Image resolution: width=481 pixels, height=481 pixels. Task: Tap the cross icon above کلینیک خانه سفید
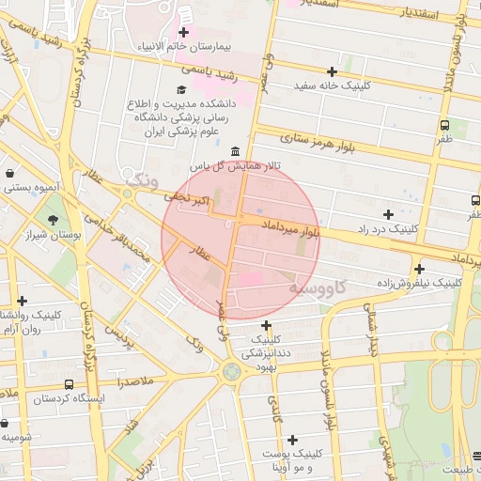(x=332, y=71)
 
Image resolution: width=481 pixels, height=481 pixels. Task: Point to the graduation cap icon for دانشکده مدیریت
(x=181, y=89)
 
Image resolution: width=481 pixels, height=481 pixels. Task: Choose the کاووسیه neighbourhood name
(x=318, y=285)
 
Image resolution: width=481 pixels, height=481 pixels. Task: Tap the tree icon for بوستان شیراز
(x=52, y=219)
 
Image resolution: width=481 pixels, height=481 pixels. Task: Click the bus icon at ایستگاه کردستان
(x=69, y=385)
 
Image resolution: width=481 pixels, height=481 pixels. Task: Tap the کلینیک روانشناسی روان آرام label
(x=34, y=321)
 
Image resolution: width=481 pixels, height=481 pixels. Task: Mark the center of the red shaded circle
(x=240, y=240)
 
